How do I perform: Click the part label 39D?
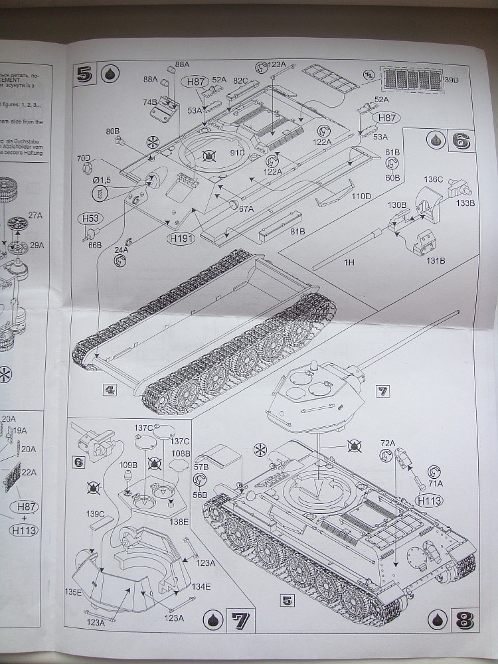[x=452, y=80]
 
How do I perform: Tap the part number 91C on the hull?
[x=237, y=153]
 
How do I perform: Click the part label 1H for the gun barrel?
[x=349, y=262]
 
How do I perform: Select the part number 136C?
[x=434, y=179]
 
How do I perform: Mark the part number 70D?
[x=84, y=159]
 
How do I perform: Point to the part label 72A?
[x=387, y=442]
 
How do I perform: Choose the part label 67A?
[x=246, y=208]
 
